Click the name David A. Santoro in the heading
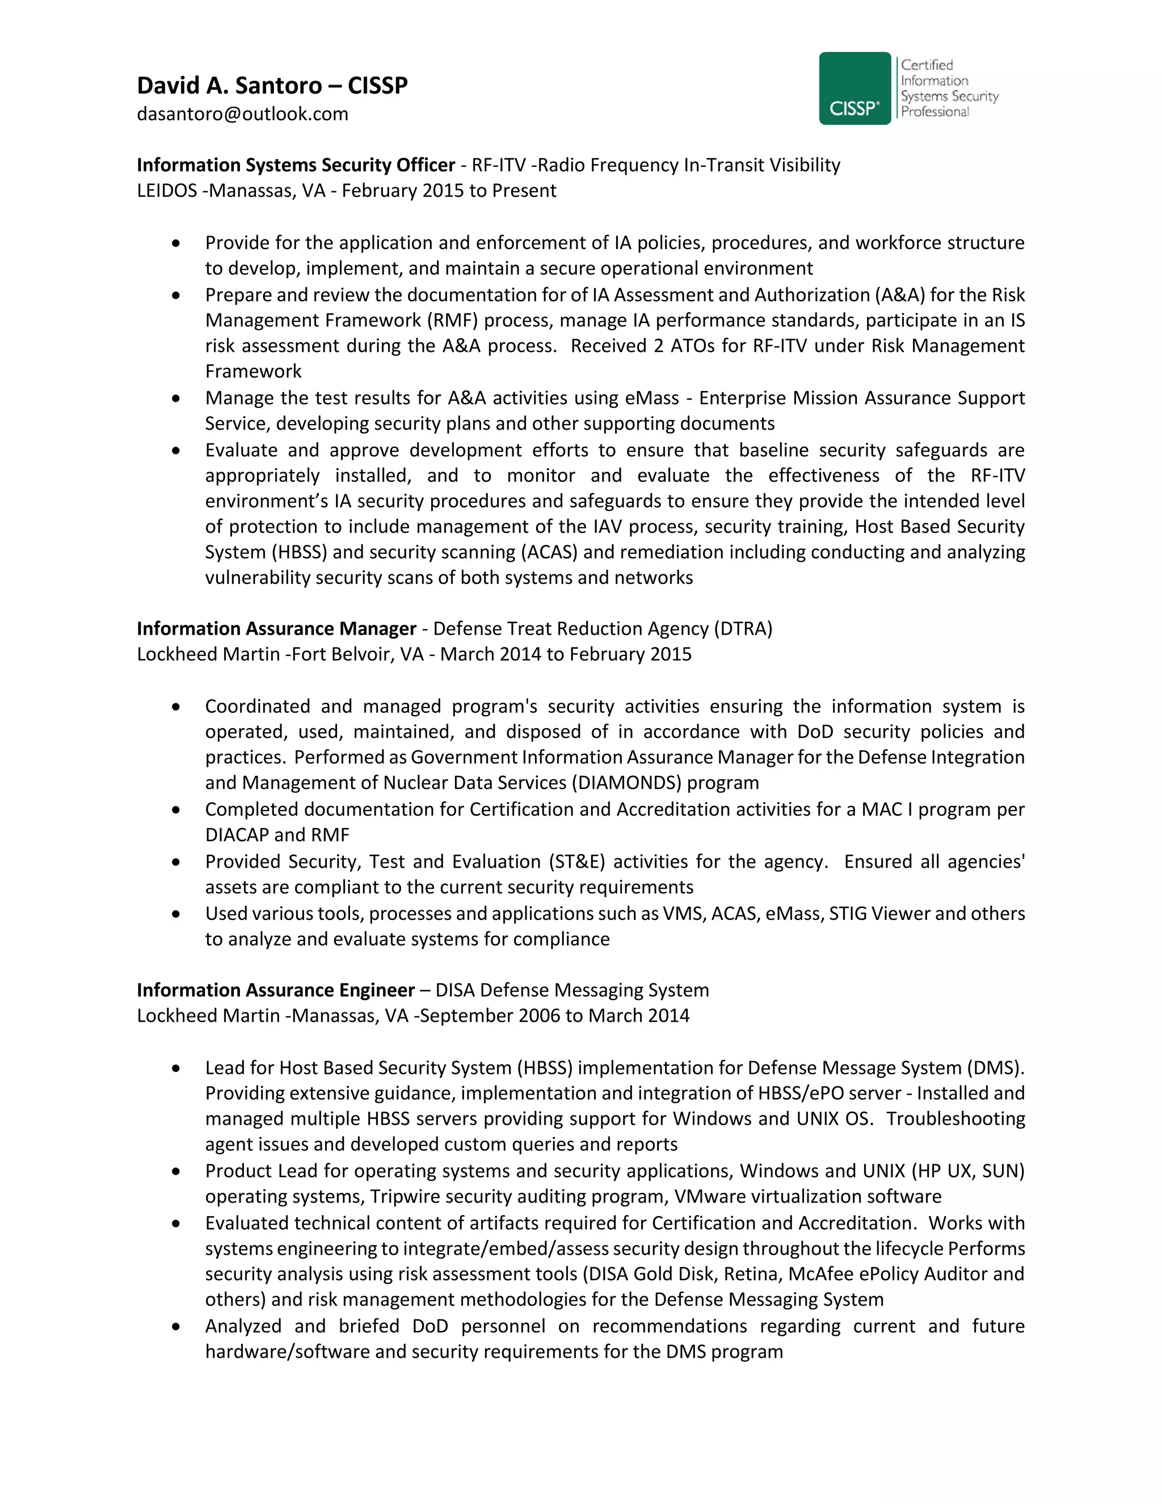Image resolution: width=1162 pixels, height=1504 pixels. tap(229, 85)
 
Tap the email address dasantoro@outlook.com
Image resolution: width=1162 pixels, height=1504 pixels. tap(242, 114)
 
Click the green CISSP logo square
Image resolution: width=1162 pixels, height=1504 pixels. tap(854, 88)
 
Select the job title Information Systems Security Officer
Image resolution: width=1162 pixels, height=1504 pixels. tap(295, 165)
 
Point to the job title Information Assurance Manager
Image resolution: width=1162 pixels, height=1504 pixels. tap(276, 629)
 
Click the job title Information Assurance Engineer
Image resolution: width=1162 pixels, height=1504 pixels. tap(275, 990)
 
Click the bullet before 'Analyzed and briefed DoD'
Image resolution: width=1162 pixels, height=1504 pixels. tap(177, 1326)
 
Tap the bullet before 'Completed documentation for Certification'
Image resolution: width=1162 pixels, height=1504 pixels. tap(177, 810)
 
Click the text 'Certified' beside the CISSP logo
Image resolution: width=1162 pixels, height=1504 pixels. tap(927, 65)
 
